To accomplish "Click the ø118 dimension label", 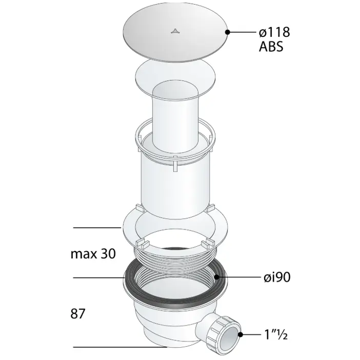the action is click(x=274, y=32).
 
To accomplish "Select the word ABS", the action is click(x=271, y=47).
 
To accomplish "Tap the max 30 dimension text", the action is click(x=93, y=254).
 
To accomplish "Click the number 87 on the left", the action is click(x=78, y=313).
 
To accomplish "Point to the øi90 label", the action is click(x=277, y=277).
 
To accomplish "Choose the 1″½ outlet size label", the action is click(x=276, y=334).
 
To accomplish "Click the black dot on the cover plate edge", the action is click(x=228, y=32).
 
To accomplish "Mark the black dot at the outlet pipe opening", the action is click(x=241, y=334).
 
